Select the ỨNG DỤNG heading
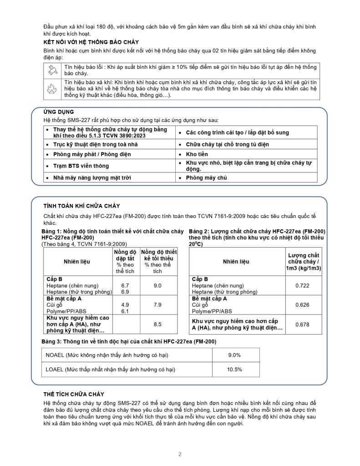pos(59,112)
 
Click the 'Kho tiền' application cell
pos(197,154)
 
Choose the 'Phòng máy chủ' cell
pos(206,177)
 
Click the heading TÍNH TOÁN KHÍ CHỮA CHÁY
pos(81,206)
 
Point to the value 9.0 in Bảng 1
pos(157,285)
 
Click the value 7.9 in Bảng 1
pos(157,305)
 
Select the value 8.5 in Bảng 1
pos(157,324)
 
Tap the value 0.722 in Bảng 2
pos(303,285)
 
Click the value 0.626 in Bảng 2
pos(303,305)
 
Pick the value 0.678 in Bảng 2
pos(303,324)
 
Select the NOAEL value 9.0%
pos(234,355)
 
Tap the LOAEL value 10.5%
pos(234,370)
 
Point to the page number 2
pos(180,454)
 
